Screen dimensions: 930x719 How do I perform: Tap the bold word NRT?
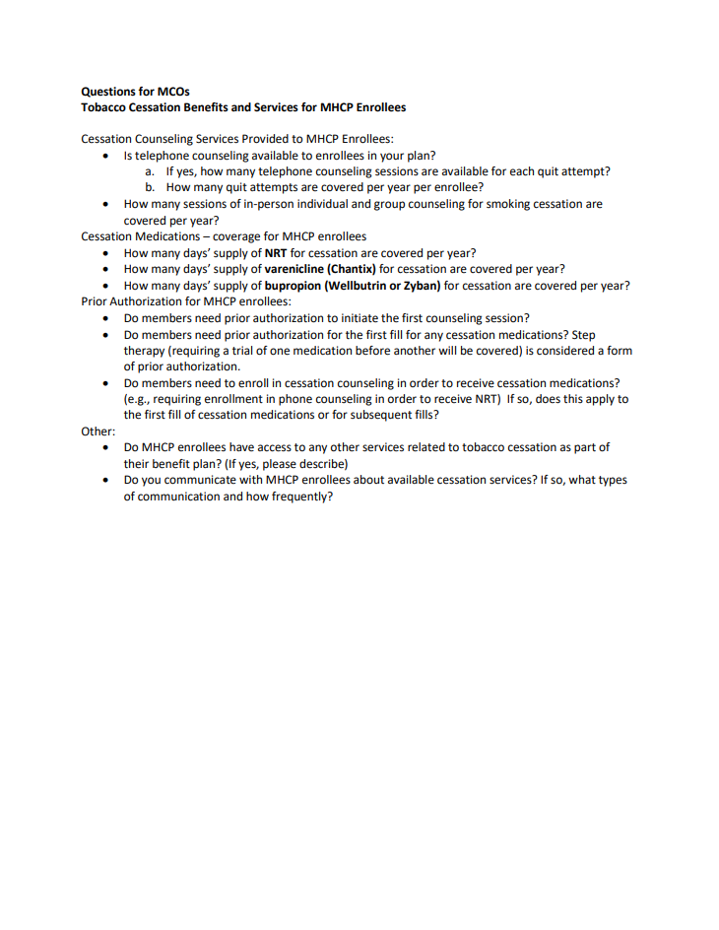(x=276, y=252)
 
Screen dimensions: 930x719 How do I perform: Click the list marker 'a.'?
(x=151, y=171)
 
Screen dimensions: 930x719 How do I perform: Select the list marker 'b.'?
(x=151, y=187)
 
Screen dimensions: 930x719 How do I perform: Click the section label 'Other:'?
(x=98, y=432)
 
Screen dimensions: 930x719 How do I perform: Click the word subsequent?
(x=375, y=415)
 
